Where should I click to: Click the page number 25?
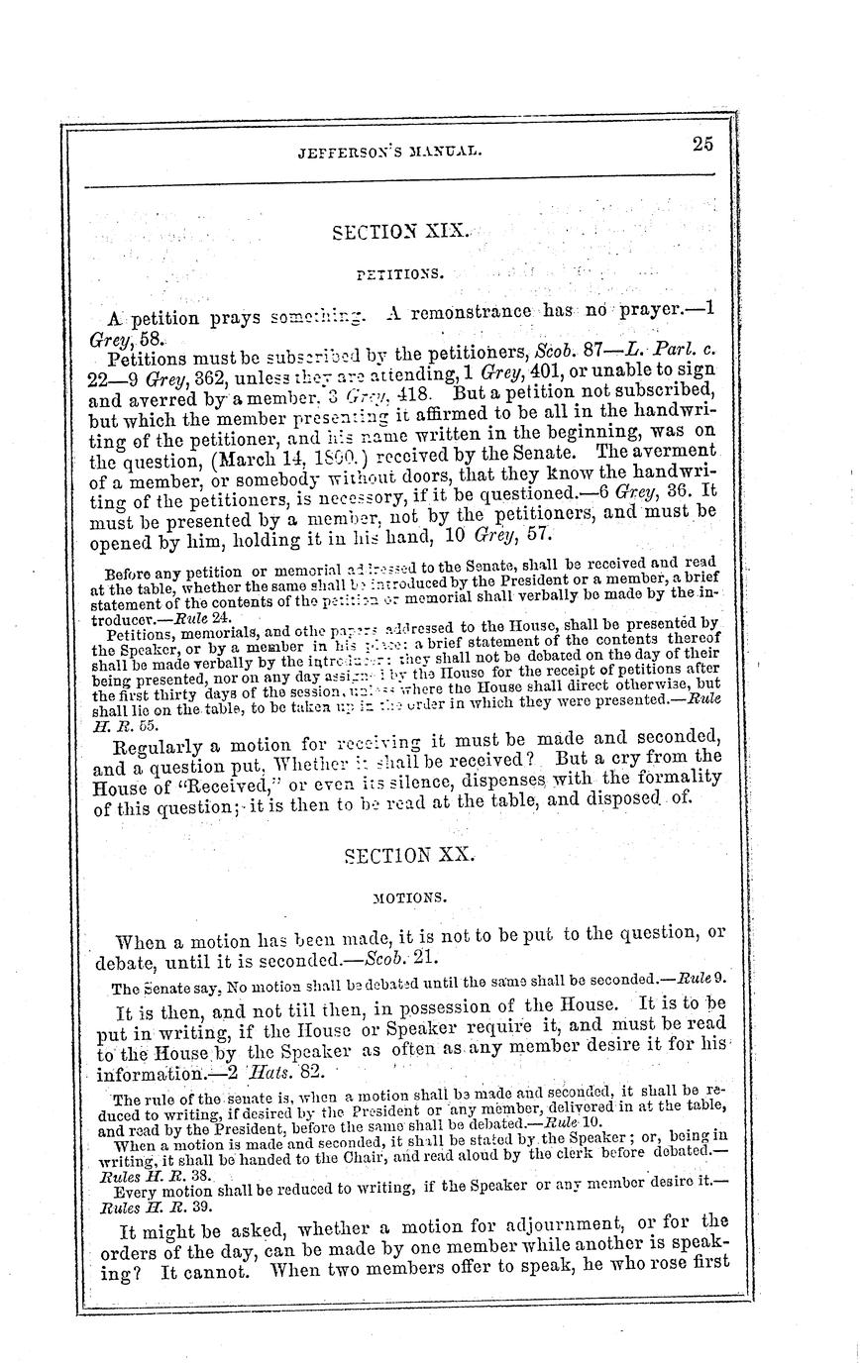(x=702, y=144)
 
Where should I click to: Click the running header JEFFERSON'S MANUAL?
(x=389, y=152)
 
